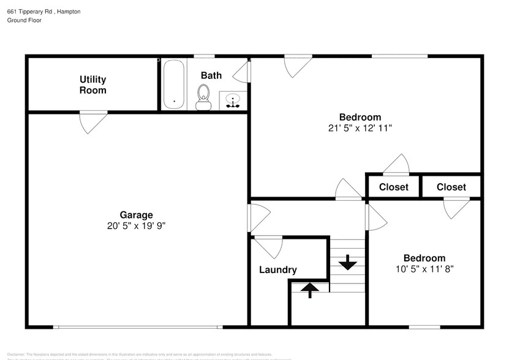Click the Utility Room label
click(x=92, y=84)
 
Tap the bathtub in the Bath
click(x=174, y=84)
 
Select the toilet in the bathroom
click(x=203, y=97)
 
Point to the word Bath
click(x=211, y=75)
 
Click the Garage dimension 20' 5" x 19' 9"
click(x=136, y=225)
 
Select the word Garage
click(x=136, y=215)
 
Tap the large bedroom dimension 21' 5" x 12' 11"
click(x=360, y=128)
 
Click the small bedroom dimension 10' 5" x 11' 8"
click(x=424, y=268)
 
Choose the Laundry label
click(x=277, y=269)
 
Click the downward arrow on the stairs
click(x=348, y=262)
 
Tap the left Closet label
click(x=393, y=187)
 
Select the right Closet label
click(x=451, y=187)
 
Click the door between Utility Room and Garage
click(x=94, y=121)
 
